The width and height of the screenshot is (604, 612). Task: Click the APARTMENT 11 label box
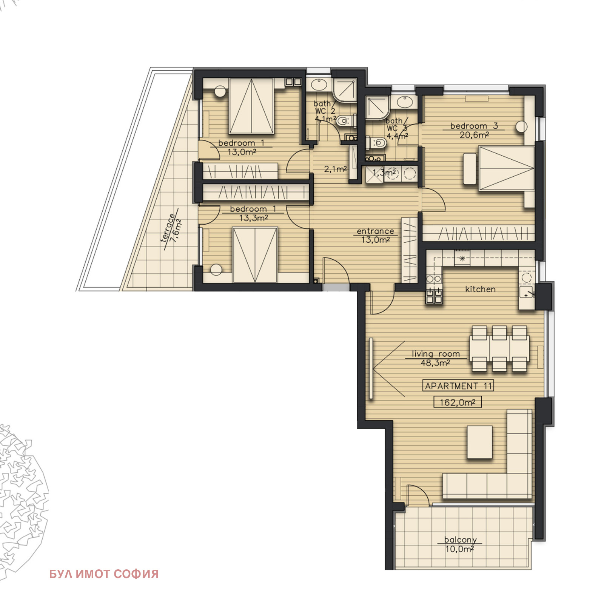[458, 386]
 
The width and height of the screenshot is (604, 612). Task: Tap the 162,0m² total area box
[458, 402]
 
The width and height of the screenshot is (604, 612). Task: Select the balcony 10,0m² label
[460, 544]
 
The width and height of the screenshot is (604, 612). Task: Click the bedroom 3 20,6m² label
[474, 130]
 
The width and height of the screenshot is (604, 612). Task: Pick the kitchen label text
[480, 289]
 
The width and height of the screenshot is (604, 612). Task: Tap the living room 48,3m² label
[436, 358]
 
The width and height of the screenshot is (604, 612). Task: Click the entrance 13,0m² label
[375, 235]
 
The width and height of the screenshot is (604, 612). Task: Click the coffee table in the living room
[480, 442]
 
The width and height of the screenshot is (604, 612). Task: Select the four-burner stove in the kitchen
[434, 296]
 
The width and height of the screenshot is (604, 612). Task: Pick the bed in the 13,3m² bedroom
[255, 255]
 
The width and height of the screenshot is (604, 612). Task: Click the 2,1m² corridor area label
[335, 169]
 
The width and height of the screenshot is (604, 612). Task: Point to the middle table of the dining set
[499, 349]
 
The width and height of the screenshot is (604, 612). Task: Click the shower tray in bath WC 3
[377, 107]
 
